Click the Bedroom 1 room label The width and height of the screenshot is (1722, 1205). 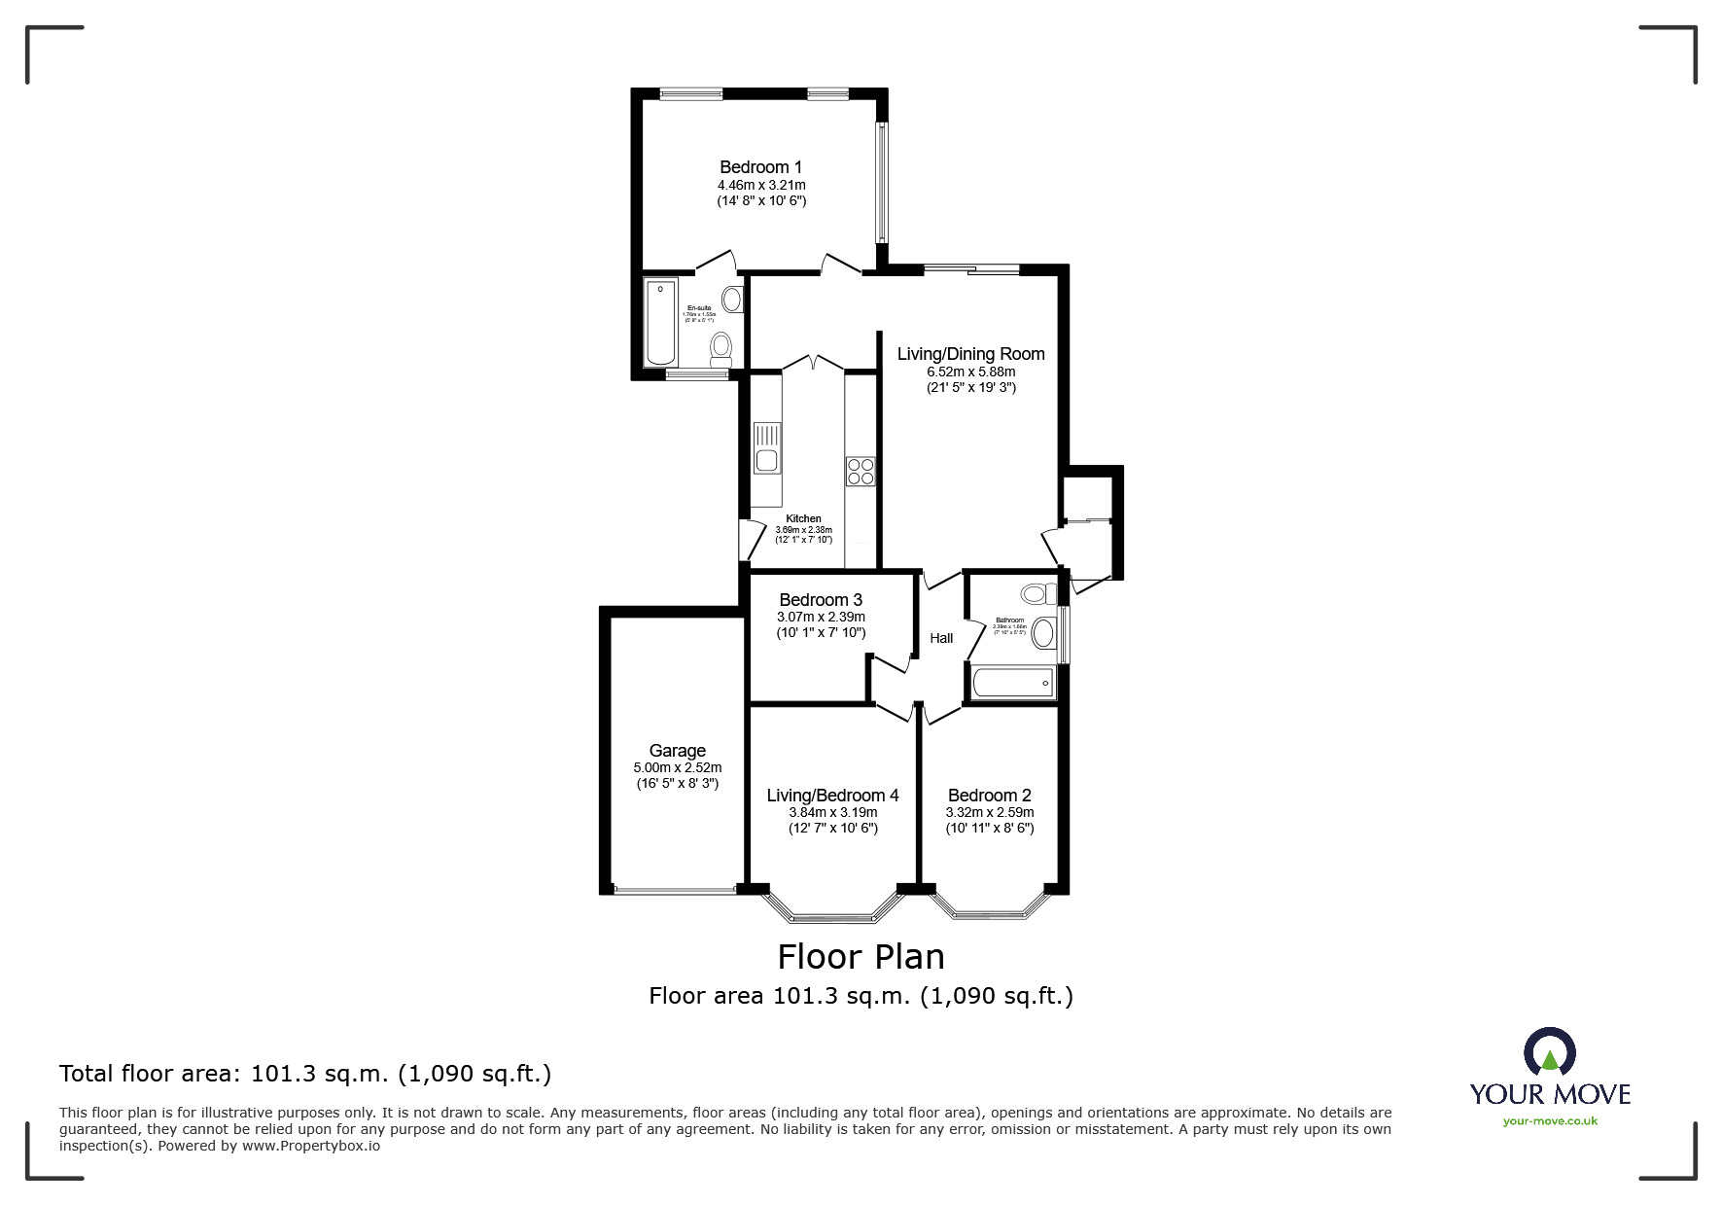click(760, 167)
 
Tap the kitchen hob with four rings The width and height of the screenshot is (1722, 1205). click(861, 472)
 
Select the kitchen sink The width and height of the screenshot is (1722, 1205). click(767, 448)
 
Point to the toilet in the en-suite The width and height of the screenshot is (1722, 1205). click(721, 347)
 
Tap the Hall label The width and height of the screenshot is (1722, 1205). click(941, 639)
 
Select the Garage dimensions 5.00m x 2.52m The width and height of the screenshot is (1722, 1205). click(678, 768)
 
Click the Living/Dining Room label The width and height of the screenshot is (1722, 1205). click(970, 355)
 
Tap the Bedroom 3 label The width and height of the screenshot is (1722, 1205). click(821, 600)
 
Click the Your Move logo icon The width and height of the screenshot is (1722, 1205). click(1549, 1053)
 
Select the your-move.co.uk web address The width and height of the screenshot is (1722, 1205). click(1550, 1121)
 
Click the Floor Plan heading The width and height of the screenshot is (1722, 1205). click(861, 957)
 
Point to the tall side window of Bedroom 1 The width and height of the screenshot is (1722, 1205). click(882, 181)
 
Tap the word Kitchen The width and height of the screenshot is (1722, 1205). click(803, 518)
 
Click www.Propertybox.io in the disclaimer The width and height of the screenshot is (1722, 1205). click(310, 1146)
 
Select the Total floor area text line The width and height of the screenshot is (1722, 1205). click(305, 1074)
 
